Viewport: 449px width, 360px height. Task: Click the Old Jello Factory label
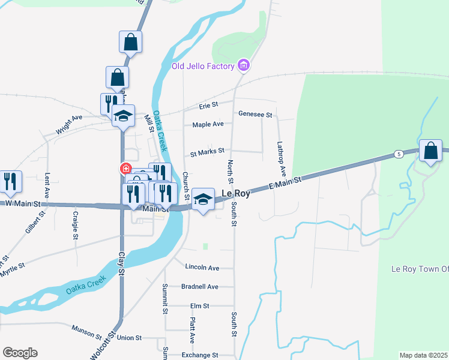pyautogui.click(x=203, y=66)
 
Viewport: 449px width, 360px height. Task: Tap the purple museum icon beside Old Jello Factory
pyautogui.click(x=243, y=65)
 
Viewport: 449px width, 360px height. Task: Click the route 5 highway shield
pyautogui.click(x=399, y=155)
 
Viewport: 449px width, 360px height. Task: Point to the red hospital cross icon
pyautogui.click(x=126, y=169)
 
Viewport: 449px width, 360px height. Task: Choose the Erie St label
pyautogui.click(x=208, y=106)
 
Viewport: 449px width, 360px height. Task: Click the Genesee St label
pyautogui.click(x=255, y=114)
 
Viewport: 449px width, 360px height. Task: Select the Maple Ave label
pyautogui.click(x=208, y=124)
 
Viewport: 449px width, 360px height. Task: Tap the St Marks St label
pyautogui.click(x=207, y=152)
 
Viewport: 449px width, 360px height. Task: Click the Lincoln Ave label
pyautogui.click(x=202, y=267)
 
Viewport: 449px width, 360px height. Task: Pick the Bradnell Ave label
pyautogui.click(x=199, y=287)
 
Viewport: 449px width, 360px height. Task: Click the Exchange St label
pyautogui.click(x=200, y=355)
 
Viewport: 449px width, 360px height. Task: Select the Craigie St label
pyautogui.click(x=76, y=225)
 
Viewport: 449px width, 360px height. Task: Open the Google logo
pyautogui.click(x=20, y=353)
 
